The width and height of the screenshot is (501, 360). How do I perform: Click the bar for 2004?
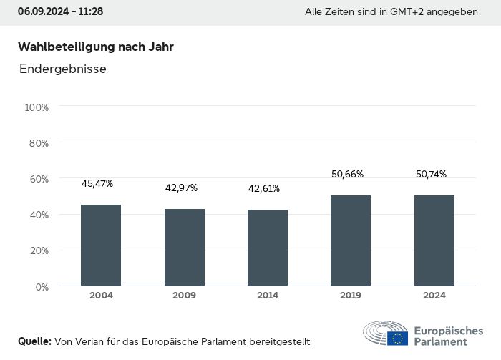[101, 245]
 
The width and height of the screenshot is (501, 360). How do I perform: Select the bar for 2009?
[185, 248]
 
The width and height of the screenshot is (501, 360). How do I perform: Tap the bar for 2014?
[268, 248]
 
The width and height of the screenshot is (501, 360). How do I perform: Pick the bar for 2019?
[351, 240]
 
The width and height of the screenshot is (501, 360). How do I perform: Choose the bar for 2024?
[434, 240]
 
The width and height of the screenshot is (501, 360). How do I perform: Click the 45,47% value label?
[97, 184]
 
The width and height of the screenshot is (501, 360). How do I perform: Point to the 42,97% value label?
[182, 188]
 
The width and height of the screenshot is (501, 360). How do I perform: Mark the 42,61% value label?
[264, 189]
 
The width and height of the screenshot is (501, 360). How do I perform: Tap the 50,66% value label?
[348, 174]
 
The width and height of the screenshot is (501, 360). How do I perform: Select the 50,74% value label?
[431, 174]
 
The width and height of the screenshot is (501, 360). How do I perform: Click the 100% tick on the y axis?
[37, 107]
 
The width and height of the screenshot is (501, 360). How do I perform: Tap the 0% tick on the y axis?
[42, 287]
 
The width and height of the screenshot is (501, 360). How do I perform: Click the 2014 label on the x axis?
[268, 296]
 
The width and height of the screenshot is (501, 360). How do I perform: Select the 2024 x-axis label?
[434, 296]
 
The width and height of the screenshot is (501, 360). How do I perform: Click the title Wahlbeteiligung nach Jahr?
[96, 47]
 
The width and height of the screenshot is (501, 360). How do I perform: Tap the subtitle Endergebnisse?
[63, 69]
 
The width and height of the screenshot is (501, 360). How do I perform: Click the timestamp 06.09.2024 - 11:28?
[60, 11]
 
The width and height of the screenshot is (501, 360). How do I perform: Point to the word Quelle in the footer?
[34, 341]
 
